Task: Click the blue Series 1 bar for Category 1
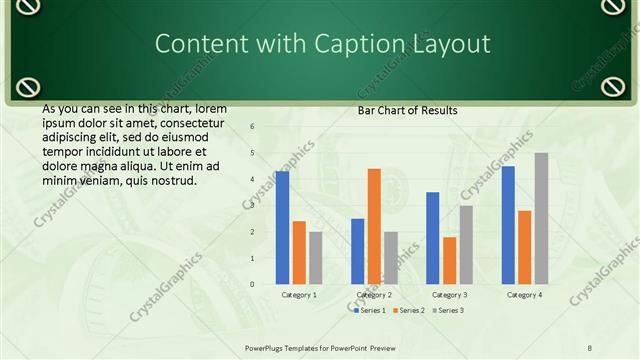[x=283, y=228]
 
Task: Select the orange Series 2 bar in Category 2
[x=374, y=226]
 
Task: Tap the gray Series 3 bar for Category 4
[x=541, y=218]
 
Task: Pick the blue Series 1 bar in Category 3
[x=433, y=238]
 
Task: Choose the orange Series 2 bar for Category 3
[x=449, y=260]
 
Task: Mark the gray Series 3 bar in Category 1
[x=316, y=258]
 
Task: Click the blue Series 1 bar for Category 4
[x=508, y=225]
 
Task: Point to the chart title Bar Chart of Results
[x=407, y=110]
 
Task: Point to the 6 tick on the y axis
[x=252, y=126]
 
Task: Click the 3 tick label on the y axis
[x=252, y=205]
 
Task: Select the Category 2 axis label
[x=374, y=295]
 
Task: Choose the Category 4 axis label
[x=525, y=295]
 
